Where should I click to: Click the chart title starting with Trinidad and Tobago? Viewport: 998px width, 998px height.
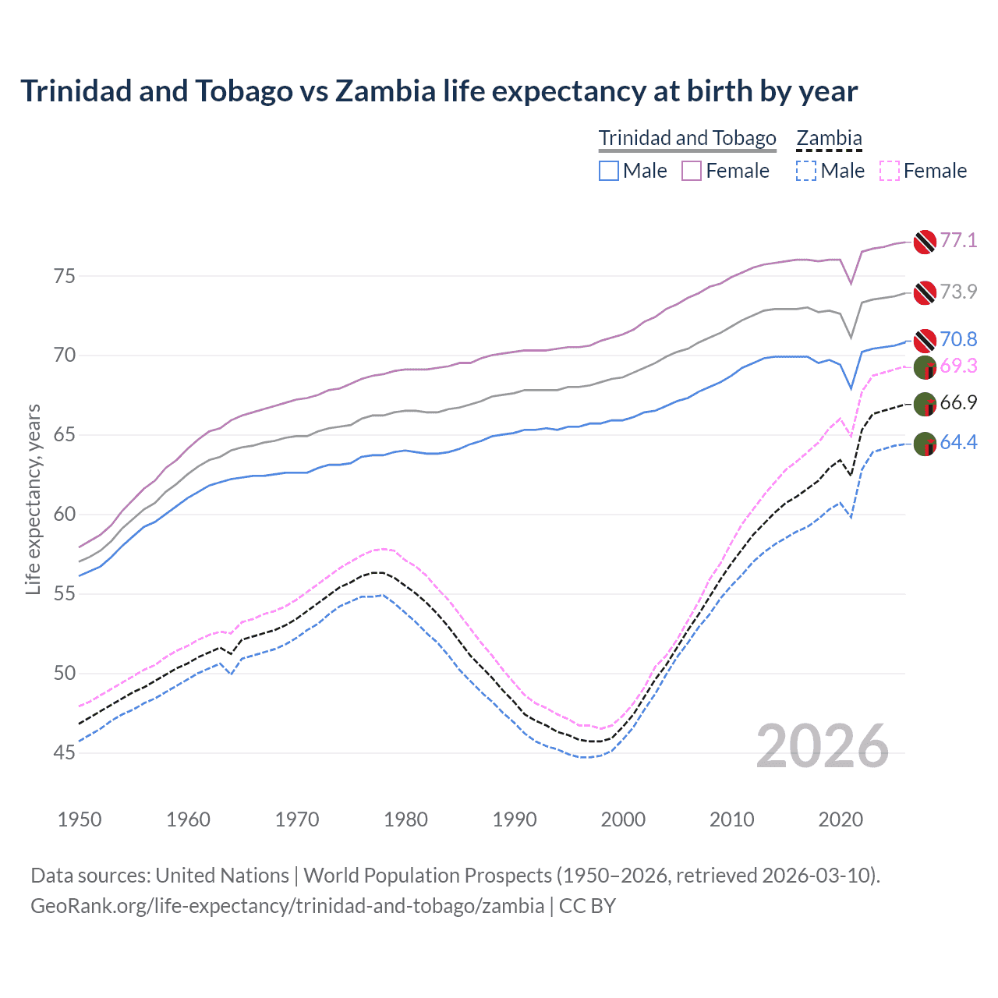tap(439, 91)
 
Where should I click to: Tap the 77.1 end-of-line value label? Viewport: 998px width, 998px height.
tap(958, 240)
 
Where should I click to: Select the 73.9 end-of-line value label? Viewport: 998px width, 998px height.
tap(958, 292)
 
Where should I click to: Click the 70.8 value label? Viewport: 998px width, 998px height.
tap(958, 339)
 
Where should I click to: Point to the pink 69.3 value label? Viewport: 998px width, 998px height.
tap(958, 366)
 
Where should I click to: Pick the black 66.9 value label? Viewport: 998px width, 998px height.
tap(958, 402)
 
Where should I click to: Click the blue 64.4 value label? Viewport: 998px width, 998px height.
tap(958, 442)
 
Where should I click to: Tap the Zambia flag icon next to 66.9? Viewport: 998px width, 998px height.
tap(925, 404)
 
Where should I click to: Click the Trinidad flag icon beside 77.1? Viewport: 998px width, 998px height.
tap(925, 242)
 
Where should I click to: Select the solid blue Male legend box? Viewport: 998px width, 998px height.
tap(609, 171)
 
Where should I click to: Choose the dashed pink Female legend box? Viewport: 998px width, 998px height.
tap(890, 171)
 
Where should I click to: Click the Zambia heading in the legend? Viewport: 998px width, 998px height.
tap(829, 138)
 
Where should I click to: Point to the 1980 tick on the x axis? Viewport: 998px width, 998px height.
tap(405, 819)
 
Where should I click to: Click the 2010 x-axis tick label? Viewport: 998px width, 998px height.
tap(731, 819)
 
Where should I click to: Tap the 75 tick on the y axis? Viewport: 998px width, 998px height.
tap(65, 276)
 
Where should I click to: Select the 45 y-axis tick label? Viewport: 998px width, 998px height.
tap(65, 752)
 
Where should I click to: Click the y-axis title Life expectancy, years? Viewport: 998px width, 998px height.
tap(33, 499)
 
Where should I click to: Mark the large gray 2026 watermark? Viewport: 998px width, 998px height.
tap(823, 746)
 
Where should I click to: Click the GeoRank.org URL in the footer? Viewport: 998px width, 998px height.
tap(287, 905)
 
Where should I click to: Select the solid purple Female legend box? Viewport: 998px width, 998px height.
tap(692, 171)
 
